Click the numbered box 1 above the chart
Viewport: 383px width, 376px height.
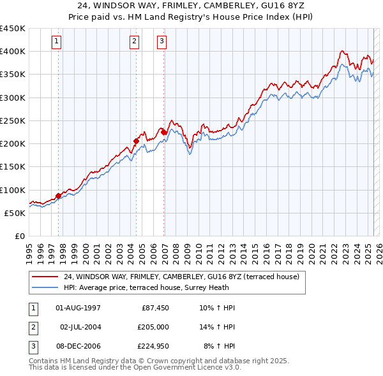pyautogui.click(x=57, y=42)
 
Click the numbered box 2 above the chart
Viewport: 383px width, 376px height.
pyautogui.click(x=135, y=42)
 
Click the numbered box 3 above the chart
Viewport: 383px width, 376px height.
pyautogui.click(x=162, y=42)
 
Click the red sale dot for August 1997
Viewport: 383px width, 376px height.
pyautogui.click(x=58, y=196)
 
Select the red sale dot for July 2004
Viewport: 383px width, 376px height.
pyautogui.click(x=136, y=141)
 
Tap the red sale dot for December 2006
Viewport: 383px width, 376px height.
pyautogui.click(x=164, y=132)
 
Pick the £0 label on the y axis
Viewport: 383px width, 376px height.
pyautogui.click(x=19, y=236)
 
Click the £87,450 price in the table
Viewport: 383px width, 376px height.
pyautogui.click(x=155, y=308)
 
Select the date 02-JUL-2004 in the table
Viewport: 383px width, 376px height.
pyautogui.click(x=80, y=326)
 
